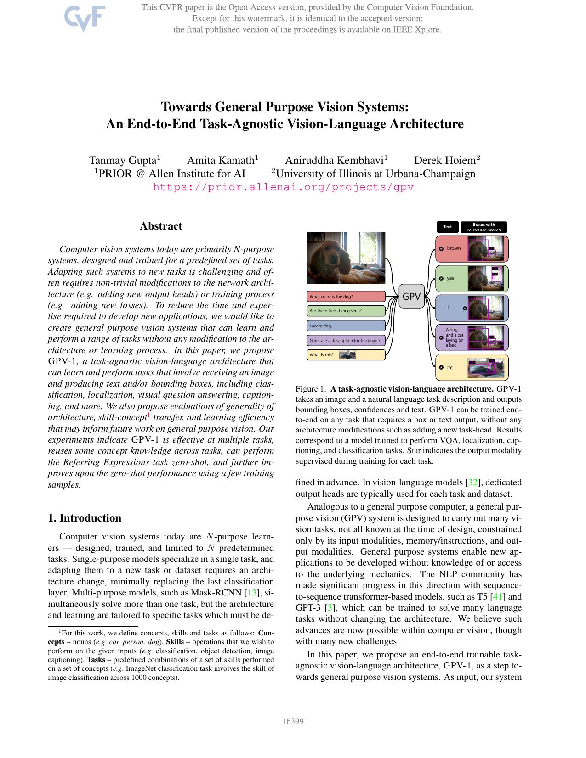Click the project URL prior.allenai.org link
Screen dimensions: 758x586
coord(283,187)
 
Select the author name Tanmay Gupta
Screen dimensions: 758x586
coord(123,160)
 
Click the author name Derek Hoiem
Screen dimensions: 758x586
coord(444,160)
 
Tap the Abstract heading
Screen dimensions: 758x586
coord(161,226)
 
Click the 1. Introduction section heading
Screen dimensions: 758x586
coord(85,518)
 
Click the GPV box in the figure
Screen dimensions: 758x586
coord(411,297)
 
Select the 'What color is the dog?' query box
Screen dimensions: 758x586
coord(346,297)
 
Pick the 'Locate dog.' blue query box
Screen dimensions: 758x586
coord(346,326)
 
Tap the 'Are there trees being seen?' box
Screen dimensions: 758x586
coord(346,311)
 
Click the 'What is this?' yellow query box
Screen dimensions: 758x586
coord(346,355)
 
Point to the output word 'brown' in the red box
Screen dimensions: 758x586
coord(454,248)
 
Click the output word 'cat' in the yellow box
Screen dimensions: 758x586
coord(449,367)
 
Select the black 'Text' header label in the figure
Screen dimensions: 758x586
coord(447,227)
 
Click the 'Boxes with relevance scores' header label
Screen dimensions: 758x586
coord(484,227)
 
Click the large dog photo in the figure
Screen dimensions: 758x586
coord(346,258)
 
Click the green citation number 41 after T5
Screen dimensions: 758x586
coord(498,597)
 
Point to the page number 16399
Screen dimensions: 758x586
coord(293,721)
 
